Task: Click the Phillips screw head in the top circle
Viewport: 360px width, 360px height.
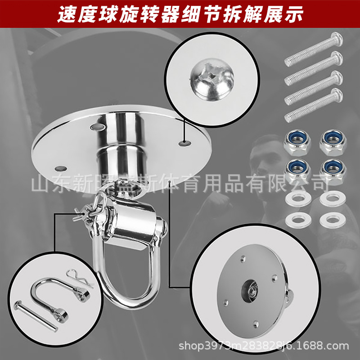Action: pyautogui.click(x=212, y=80)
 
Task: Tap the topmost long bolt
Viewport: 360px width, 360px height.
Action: pyautogui.click(x=314, y=49)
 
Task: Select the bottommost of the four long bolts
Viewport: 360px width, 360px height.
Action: pyautogui.click(x=314, y=105)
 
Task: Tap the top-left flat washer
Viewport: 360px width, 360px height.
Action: pyautogui.click(x=298, y=199)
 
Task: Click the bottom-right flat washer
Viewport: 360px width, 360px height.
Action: pyautogui.click(x=333, y=220)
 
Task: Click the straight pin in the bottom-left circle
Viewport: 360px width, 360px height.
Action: pyautogui.click(x=36, y=316)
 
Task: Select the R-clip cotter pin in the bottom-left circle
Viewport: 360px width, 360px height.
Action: pyautogui.click(x=80, y=278)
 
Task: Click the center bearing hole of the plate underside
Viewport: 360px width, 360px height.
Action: pyautogui.click(x=250, y=291)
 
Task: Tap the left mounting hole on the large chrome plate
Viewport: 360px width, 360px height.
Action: pyautogui.click(x=61, y=169)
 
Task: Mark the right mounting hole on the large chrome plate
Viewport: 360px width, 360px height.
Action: pyautogui.click(x=185, y=143)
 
